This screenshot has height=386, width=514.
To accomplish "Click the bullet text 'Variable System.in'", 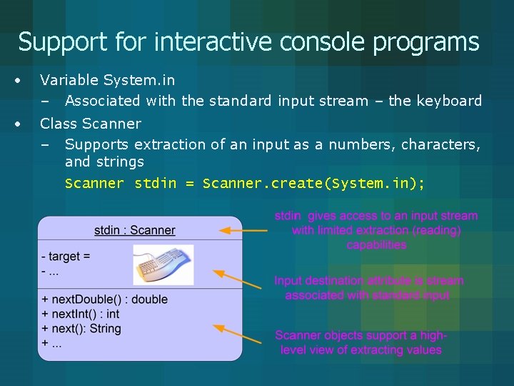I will coord(107,80).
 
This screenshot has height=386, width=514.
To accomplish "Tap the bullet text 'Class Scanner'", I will coord(91,124).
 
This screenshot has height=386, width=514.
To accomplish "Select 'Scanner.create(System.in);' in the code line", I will coord(313,184).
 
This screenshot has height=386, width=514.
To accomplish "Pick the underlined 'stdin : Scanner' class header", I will coord(134,230).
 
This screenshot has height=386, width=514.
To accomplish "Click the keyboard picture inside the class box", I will coord(163,264).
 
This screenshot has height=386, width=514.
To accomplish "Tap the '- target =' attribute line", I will coord(66,257).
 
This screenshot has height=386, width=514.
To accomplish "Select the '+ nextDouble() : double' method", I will coord(105,300).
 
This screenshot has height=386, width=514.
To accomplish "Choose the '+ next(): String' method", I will coord(81,329).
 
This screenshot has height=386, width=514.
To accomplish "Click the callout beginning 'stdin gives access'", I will coord(376,230).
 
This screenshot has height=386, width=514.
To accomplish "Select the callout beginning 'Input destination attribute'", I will coord(368,288).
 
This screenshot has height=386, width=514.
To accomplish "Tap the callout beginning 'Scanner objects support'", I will coord(361,342).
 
